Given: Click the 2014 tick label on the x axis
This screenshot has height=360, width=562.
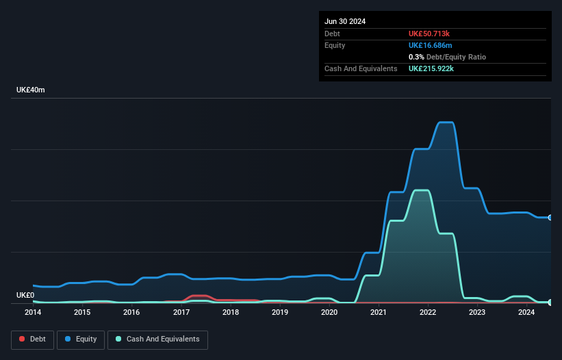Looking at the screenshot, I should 33,312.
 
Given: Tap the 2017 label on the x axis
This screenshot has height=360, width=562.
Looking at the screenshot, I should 181,312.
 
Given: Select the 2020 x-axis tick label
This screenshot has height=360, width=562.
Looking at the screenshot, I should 329,312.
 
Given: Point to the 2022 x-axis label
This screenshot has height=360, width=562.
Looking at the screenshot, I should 428,312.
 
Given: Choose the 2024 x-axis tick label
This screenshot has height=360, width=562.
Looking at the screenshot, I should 526,312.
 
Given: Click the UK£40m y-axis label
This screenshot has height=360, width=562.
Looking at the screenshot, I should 31,90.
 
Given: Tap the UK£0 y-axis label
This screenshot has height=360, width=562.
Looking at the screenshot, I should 25,295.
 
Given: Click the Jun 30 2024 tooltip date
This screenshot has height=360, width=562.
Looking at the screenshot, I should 345,21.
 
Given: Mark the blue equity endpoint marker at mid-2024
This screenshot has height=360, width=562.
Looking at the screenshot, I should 550,218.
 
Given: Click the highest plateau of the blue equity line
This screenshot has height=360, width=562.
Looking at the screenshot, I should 445,123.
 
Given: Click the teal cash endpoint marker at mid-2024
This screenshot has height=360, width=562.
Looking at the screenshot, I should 550,302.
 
